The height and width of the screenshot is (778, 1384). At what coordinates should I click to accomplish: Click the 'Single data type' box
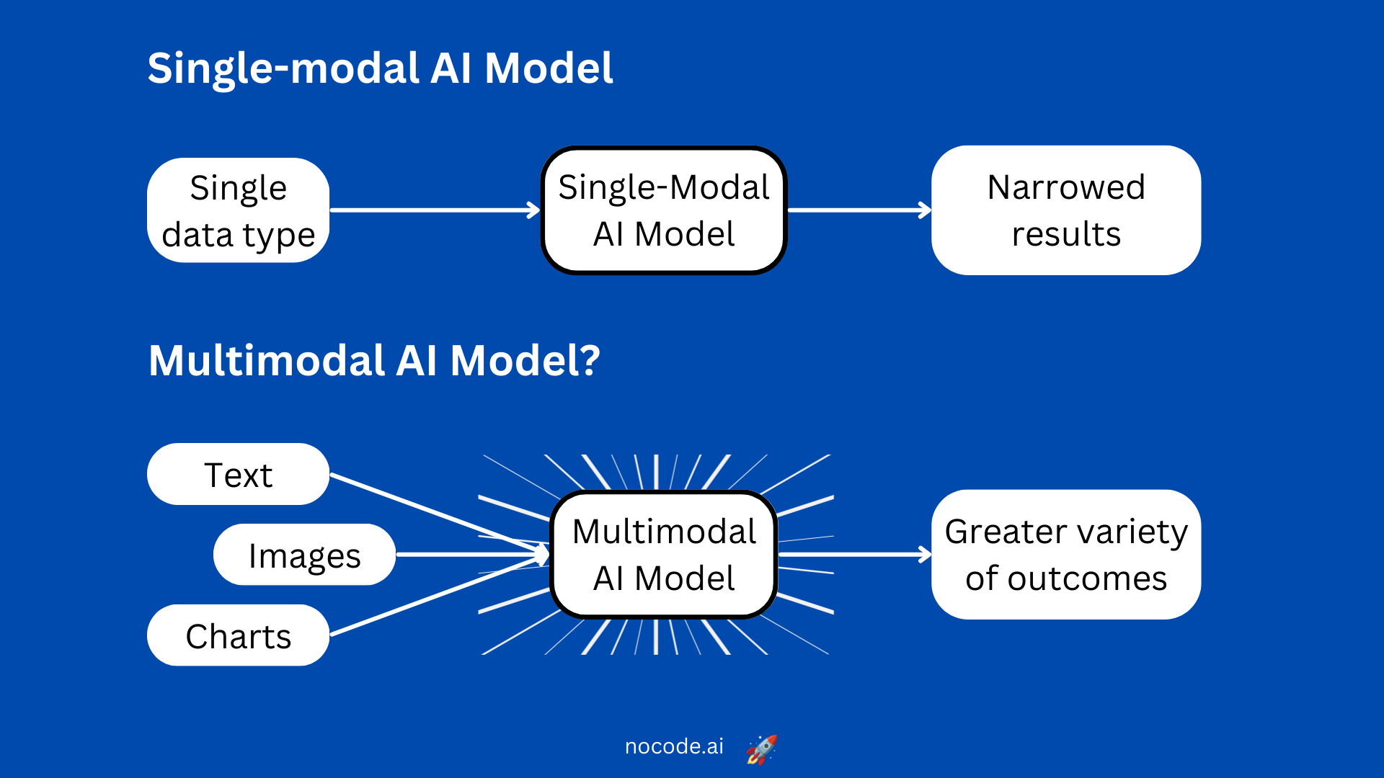pyautogui.click(x=238, y=210)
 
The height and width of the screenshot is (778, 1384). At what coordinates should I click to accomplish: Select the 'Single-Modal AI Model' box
pyautogui.click(x=663, y=210)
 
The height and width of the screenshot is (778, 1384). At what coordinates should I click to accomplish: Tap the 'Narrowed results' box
pyautogui.click(x=1065, y=210)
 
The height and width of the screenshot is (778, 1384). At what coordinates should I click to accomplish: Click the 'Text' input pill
pyautogui.click(x=238, y=474)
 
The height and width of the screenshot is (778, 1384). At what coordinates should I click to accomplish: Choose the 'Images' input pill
pyautogui.click(x=304, y=555)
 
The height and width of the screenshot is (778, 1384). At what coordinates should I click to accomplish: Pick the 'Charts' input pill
pyautogui.click(x=238, y=635)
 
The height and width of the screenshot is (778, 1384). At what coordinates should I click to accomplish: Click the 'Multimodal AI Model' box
pyautogui.click(x=663, y=555)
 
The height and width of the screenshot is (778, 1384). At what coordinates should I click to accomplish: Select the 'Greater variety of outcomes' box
pyautogui.click(x=1065, y=555)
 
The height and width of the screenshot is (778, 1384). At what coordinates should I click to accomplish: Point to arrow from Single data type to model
pyautogui.click(x=432, y=210)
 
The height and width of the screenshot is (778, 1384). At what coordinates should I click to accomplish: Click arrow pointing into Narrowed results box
pyautogui.click(x=858, y=210)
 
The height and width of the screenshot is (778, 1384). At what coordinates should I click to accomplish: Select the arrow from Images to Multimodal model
pyautogui.click(x=469, y=555)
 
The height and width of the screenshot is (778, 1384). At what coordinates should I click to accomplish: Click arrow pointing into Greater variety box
pyautogui.click(x=854, y=555)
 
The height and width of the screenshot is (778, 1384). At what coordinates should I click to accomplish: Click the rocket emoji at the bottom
pyautogui.click(x=761, y=749)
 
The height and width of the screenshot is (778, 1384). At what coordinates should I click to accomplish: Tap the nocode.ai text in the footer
pyautogui.click(x=674, y=746)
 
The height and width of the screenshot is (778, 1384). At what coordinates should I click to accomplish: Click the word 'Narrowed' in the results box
pyautogui.click(x=1065, y=187)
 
